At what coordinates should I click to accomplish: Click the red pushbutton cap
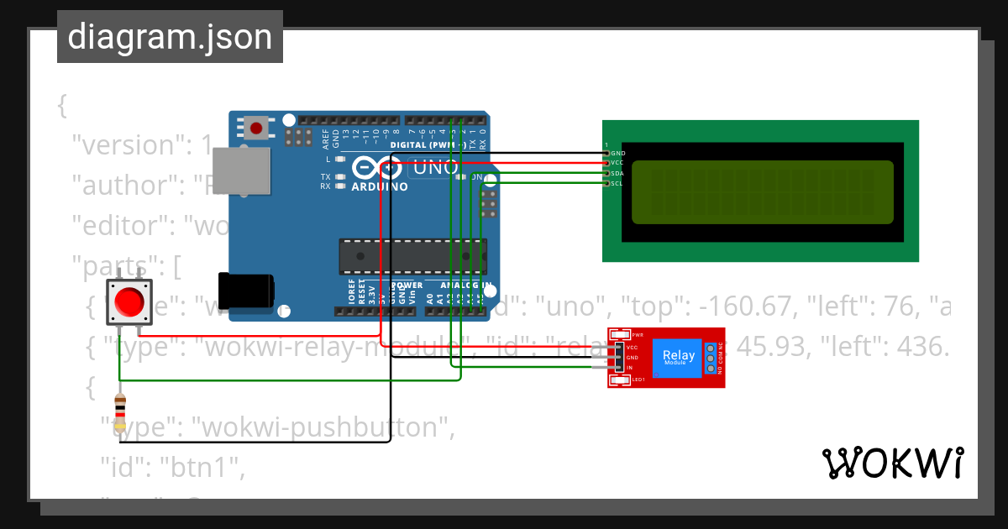click(x=129, y=301)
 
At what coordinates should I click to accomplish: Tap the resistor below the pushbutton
click(x=120, y=412)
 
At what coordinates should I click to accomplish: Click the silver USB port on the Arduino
click(x=242, y=172)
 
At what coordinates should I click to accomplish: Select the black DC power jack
click(x=245, y=291)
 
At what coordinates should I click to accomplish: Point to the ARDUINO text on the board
click(x=380, y=186)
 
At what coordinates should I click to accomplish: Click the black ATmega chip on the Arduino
click(x=412, y=256)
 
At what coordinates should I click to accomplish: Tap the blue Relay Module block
click(x=679, y=357)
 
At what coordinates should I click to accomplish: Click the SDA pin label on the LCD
click(x=617, y=174)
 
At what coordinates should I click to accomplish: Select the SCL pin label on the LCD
click(x=617, y=184)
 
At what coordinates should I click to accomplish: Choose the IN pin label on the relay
click(x=629, y=368)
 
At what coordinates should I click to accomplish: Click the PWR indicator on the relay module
click(x=637, y=334)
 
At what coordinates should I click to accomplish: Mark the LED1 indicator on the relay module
click(x=638, y=380)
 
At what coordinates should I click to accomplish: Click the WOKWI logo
click(x=892, y=464)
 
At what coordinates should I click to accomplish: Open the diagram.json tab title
click(x=170, y=37)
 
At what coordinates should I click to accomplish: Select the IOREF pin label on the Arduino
click(x=351, y=293)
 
